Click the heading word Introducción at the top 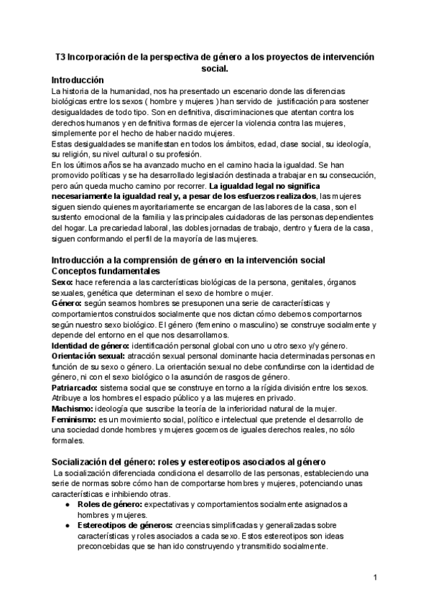click(78, 80)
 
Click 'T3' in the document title click(61, 57)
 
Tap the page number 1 click(375, 577)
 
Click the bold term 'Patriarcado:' click(73, 387)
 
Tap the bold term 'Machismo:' click(70, 408)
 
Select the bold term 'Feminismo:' click(73, 418)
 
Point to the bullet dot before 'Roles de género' click(67, 505)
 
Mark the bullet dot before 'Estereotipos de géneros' click(67, 526)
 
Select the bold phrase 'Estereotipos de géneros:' click(126, 526)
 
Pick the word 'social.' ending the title click(215, 69)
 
